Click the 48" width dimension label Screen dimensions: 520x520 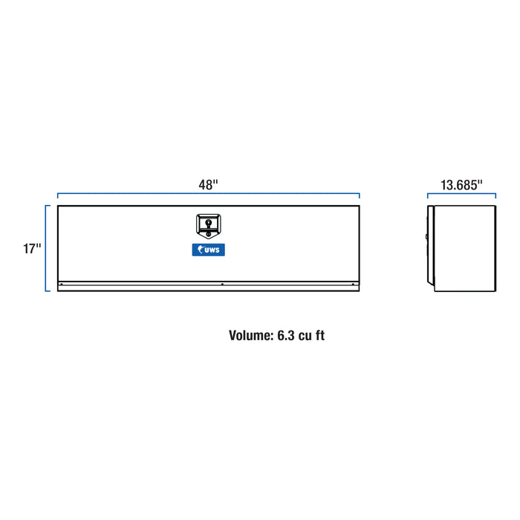click(208, 185)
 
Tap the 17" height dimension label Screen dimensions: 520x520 click(32, 248)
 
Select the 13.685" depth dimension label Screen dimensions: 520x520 click(461, 185)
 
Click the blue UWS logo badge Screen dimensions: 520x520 click(208, 250)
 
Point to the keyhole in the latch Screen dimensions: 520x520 click(208, 223)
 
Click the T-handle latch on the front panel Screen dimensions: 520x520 click(208, 226)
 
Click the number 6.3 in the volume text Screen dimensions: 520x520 click(286, 335)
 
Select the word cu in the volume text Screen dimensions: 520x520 click(305, 337)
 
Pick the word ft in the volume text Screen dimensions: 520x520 click(320, 335)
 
